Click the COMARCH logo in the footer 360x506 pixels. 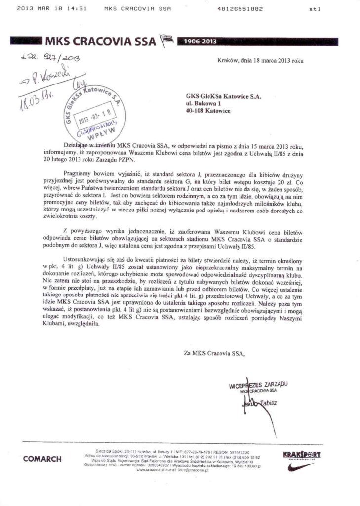42,459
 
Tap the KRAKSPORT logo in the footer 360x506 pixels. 302,455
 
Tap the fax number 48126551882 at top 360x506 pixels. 240,9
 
